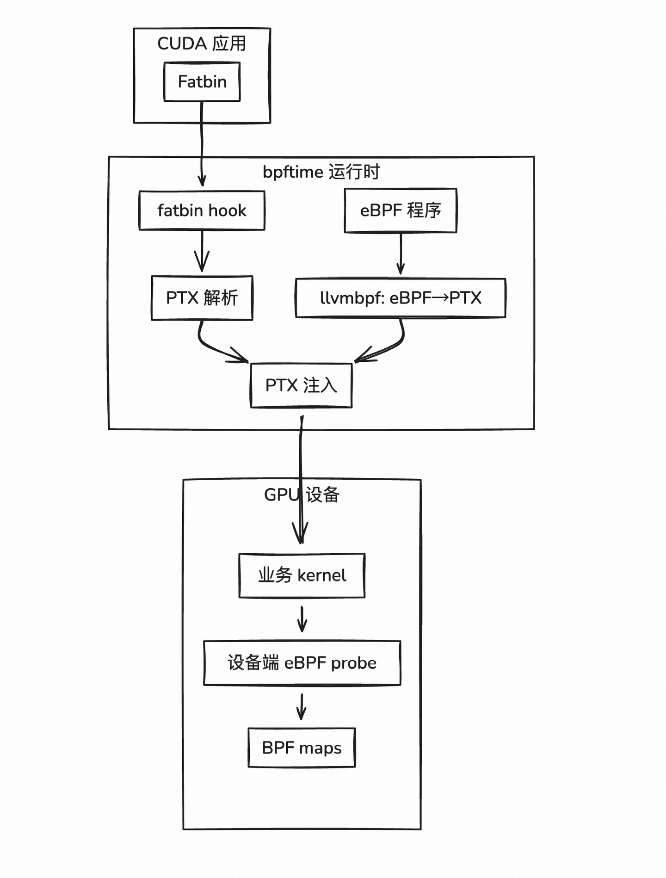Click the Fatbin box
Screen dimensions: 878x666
202,82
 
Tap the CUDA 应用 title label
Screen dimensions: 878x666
202,43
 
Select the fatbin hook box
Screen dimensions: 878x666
202,210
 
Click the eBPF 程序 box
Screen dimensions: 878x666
401,210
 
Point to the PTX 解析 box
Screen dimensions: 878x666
202,298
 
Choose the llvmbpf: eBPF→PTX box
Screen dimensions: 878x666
401,298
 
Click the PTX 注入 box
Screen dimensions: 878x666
301,385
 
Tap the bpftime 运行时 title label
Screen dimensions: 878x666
321,172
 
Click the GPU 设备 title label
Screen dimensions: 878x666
302,495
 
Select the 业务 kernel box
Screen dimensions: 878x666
302,575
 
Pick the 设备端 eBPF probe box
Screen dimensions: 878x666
302,663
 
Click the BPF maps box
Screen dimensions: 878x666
302,748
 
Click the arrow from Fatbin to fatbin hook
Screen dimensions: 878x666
202,143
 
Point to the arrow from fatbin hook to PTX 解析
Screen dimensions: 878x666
202,252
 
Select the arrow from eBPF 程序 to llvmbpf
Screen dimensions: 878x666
401,254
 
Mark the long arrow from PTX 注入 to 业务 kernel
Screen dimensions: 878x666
301,463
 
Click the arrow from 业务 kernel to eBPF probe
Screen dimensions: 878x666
302,619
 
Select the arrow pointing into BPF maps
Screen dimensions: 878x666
302,706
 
